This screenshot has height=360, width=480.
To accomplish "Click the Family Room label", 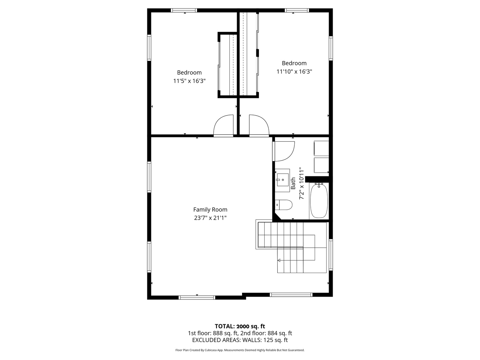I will tap(210, 210).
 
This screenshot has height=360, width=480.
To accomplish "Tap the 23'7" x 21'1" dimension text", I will tap(210, 218).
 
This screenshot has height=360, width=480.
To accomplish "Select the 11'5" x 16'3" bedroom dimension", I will tap(189, 81).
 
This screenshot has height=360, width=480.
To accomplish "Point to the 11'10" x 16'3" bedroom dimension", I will tap(294, 71).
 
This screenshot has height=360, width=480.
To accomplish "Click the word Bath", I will tap(293, 183).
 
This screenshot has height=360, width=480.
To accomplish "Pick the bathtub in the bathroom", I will tap(319, 201).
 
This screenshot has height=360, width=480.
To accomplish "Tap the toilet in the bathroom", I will tap(284, 205).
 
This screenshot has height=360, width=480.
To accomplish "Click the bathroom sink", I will tap(282, 180).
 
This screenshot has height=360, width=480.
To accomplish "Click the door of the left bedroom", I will tap(223, 126).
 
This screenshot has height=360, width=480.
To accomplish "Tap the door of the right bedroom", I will tap(259, 126).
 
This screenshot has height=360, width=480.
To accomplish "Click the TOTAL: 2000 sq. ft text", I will tap(240, 326).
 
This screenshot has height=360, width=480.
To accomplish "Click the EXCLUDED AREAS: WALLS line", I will tap(240, 340).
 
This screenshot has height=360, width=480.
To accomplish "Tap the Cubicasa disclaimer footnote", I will tap(240, 350).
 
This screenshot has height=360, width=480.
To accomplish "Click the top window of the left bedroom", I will tap(184, 10).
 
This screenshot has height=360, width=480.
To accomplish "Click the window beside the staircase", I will tap(331, 254).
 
